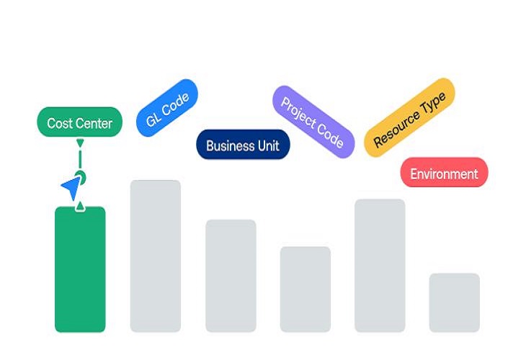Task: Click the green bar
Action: [80, 269]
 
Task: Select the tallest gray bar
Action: [156, 256]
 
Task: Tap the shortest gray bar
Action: [455, 302]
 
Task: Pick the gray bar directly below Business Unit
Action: [231, 276]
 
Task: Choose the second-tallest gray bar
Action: [380, 266]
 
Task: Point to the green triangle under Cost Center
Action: [80, 143]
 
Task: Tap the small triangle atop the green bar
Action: [80, 206]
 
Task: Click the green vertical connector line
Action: [80, 159]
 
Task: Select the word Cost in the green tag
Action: [59, 123]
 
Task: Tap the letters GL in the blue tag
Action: [153, 119]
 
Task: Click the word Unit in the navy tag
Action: [269, 145]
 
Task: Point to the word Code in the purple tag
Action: [330, 136]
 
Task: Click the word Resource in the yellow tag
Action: [396, 127]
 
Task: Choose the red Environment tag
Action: [444, 173]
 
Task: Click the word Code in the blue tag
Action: [175, 105]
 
